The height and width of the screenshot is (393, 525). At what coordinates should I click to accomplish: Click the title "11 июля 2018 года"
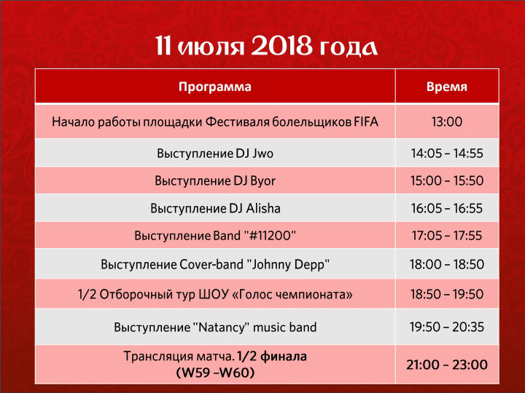pyautogui.click(x=267, y=47)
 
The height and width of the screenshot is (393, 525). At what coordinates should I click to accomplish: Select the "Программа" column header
pyautogui.click(x=214, y=87)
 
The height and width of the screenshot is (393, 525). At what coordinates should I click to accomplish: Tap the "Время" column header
pyautogui.click(x=447, y=87)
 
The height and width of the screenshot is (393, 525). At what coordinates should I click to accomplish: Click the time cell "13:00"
pyautogui.click(x=447, y=122)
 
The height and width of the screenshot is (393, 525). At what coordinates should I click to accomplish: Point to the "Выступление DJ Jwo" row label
pyautogui.click(x=215, y=154)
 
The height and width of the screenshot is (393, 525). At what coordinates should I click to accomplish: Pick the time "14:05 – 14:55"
pyautogui.click(x=447, y=154)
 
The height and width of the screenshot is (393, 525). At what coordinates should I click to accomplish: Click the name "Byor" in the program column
pyautogui.click(x=263, y=181)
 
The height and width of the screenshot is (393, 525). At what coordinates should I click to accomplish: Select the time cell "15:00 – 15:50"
pyautogui.click(x=447, y=180)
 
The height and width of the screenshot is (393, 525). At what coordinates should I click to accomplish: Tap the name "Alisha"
pyautogui.click(x=263, y=208)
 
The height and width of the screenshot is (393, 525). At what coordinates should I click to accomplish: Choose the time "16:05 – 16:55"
pyautogui.click(x=447, y=208)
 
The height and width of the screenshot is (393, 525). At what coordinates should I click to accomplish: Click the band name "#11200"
pyautogui.click(x=271, y=236)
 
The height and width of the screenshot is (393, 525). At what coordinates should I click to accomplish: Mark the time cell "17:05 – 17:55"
pyautogui.click(x=447, y=236)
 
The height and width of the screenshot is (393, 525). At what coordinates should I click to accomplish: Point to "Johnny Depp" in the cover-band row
pyautogui.click(x=288, y=265)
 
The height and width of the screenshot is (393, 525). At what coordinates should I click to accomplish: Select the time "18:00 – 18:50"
pyautogui.click(x=447, y=264)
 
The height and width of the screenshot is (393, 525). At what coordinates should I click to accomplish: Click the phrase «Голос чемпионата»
pyautogui.click(x=292, y=295)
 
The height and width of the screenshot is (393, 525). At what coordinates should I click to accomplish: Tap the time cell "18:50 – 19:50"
pyautogui.click(x=447, y=295)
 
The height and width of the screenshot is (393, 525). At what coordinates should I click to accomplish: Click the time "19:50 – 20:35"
pyautogui.click(x=447, y=327)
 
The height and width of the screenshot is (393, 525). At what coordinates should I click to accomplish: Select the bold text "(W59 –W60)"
pyautogui.click(x=215, y=372)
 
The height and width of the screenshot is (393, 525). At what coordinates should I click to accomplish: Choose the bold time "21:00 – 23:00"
pyautogui.click(x=447, y=365)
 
